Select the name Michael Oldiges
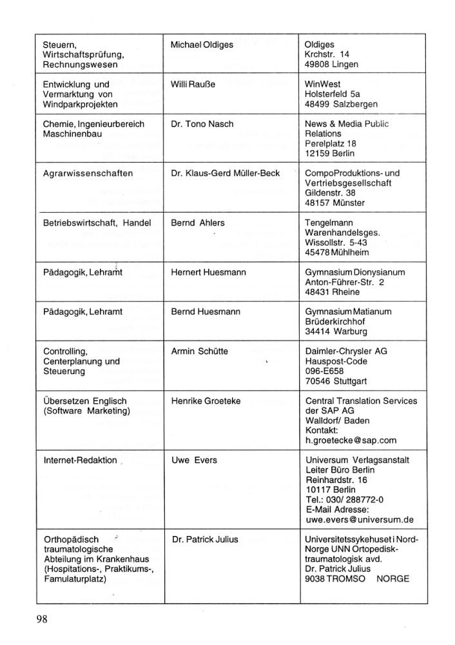202,45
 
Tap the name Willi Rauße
193,84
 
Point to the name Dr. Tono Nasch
202,124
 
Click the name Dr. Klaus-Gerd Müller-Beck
225,174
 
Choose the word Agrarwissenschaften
88,174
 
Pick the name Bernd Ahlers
198,223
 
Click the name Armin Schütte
199,352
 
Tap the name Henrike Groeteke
206,401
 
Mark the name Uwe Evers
194,460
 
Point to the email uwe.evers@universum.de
359,520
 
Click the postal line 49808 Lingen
331,64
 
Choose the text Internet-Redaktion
80,461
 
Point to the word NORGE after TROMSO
392,579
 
